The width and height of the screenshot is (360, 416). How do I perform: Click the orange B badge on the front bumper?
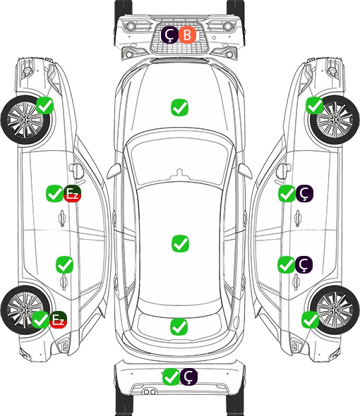(x=187, y=35)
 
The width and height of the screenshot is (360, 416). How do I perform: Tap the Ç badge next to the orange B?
(x=169, y=35)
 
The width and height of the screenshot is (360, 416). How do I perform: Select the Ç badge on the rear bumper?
(x=188, y=377)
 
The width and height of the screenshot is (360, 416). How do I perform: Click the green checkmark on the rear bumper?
(x=171, y=377)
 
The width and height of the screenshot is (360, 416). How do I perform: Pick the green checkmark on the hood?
(x=179, y=107)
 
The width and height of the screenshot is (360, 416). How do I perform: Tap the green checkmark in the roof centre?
(x=180, y=243)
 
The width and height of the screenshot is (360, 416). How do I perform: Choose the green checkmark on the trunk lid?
(x=179, y=327)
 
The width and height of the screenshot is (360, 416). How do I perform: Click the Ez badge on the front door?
(x=72, y=194)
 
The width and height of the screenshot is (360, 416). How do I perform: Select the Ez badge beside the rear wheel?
(x=58, y=319)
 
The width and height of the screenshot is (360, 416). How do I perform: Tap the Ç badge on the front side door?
(x=304, y=193)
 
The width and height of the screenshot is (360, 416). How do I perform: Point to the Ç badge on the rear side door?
(x=304, y=264)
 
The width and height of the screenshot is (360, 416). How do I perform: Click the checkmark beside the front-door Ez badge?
(x=54, y=194)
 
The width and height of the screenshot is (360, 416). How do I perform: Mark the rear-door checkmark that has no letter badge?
(x=64, y=264)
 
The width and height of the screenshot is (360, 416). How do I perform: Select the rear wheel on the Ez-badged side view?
(x=25, y=310)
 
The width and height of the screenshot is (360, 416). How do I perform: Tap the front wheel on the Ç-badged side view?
(x=334, y=120)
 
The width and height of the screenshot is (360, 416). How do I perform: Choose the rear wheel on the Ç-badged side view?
(x=334, y=310)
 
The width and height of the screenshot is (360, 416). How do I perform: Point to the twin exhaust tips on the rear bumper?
(x=150, y=391)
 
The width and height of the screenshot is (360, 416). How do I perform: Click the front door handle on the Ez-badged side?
(x=62, y=218)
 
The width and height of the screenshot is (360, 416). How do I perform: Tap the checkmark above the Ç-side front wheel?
(x=315, y=105)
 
